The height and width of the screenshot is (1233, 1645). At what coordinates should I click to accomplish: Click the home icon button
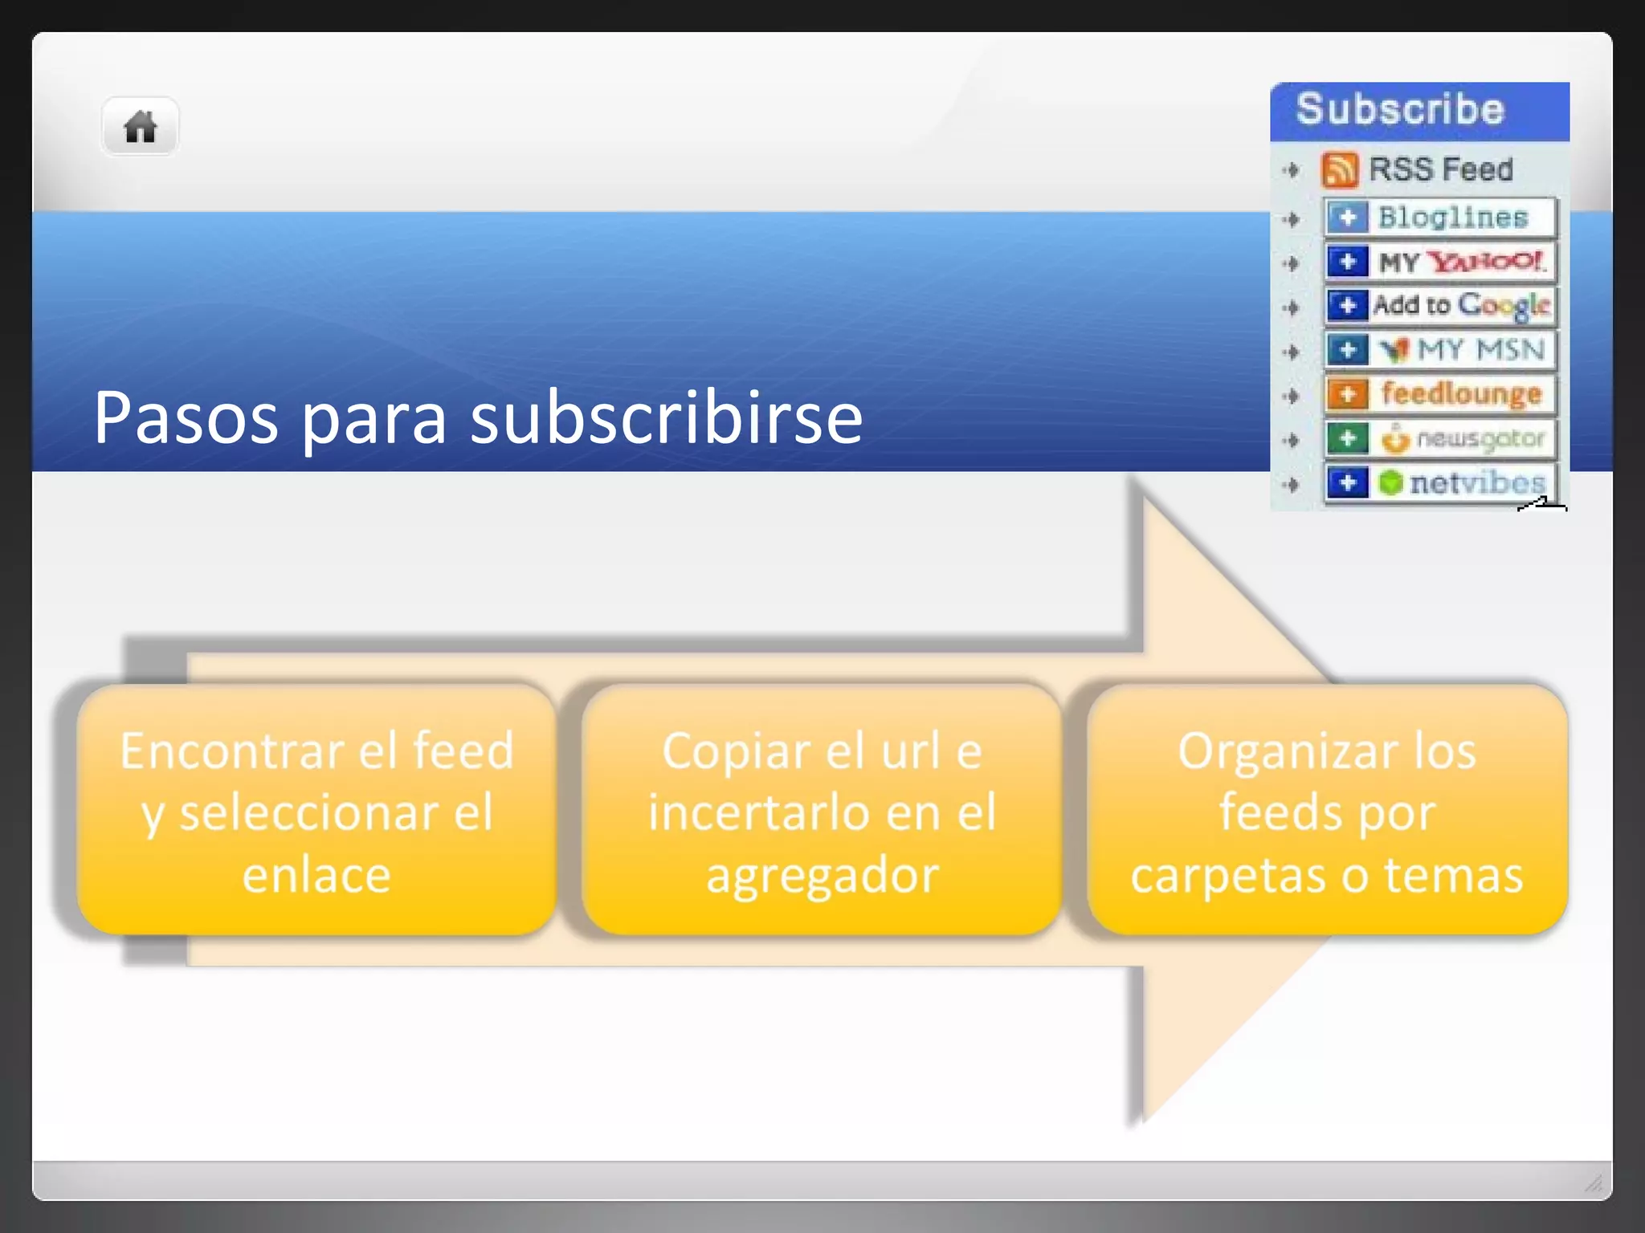[140, 127]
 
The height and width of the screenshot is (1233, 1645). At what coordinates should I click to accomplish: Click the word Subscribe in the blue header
[1399, 109]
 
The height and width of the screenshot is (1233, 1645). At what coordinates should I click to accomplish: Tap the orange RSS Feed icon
[1339, 169]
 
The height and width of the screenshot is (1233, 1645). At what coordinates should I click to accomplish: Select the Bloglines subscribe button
[1439, 218]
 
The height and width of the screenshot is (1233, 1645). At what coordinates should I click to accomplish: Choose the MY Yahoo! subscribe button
[1439, 262]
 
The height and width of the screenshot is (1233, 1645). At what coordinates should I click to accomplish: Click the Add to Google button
[1439, 306]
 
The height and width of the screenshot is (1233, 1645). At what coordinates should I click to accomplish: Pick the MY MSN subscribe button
[1439, 350]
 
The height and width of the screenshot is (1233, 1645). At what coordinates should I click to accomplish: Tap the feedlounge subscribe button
[1439, 394]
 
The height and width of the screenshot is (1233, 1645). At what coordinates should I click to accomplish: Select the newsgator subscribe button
[1439, 438]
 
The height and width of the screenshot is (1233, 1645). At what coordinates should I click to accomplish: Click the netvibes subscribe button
[1439, 482]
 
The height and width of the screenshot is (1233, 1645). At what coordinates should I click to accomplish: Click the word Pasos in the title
[186, 418]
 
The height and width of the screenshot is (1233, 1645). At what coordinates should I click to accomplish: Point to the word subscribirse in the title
[666, 418]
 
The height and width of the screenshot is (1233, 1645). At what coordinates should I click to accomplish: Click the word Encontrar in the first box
[232, 751]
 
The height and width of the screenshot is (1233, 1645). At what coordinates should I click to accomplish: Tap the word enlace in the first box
[316, 874]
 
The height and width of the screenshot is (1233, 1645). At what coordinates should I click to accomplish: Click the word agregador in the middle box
[822, 874]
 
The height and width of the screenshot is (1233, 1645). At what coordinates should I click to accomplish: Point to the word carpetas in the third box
[1228, 874]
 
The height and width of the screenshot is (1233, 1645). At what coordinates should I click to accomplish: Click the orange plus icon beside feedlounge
[1347, 394]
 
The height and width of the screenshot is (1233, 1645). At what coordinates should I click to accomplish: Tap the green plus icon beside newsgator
[1347, 438]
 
